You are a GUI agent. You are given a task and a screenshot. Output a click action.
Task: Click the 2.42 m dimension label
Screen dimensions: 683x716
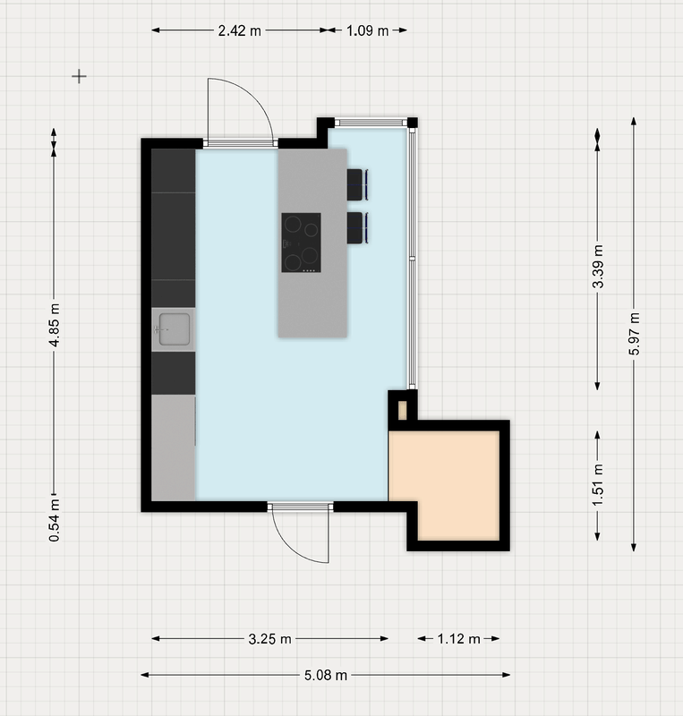pos(239,30)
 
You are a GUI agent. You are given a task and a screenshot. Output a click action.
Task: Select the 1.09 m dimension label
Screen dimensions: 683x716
pos(367,30)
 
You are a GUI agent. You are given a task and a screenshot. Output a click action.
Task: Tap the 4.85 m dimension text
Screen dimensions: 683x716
pos(55,325)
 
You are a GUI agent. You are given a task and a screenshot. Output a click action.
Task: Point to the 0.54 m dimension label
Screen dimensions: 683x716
pos(55,520)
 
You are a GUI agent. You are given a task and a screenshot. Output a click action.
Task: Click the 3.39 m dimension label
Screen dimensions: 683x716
pos(598,266)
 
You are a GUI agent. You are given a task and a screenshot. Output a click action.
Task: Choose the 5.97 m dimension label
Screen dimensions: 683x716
pos(634,334)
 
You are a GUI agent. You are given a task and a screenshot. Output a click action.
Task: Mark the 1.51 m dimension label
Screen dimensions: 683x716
pos(598,485)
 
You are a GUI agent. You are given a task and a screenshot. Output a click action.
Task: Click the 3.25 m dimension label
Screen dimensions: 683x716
pos(269,639)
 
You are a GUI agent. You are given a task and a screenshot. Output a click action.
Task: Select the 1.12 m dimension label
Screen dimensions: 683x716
pos(458,639)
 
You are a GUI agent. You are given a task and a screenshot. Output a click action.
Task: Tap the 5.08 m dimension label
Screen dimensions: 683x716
pos(326,675)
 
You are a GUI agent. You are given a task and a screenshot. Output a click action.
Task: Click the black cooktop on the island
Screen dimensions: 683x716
pos(301,243)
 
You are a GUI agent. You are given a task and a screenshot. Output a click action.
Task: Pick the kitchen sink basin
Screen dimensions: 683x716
pos(174,328)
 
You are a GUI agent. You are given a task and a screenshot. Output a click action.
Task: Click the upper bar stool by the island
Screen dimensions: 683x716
pos(357,184)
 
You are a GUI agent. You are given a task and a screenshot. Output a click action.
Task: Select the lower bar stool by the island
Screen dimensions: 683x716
pos(357,227)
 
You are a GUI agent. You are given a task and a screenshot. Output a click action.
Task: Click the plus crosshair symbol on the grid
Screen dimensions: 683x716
pos(79,76)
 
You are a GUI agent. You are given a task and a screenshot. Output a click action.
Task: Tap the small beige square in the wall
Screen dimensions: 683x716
pos(403,410)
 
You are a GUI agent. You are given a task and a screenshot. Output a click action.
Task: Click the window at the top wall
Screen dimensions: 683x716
pos(371,123)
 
